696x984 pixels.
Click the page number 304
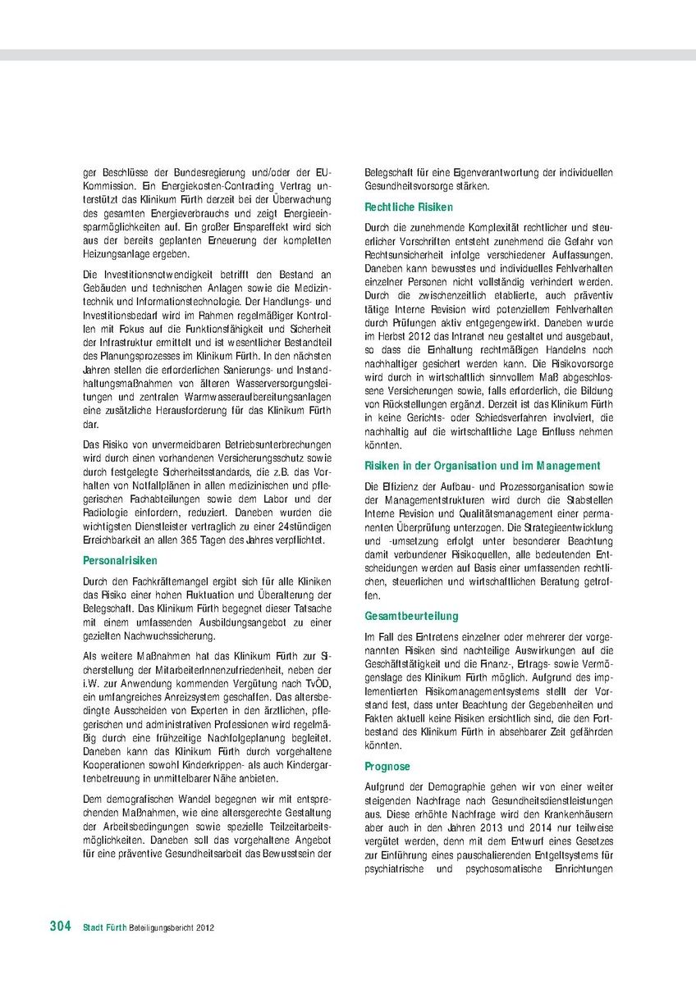click(x=60, y=926)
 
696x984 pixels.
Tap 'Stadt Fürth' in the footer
click(x=104, y=927)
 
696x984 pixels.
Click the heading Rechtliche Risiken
click(x=409, y=207)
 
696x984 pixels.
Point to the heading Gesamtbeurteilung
click(x=412, y=616)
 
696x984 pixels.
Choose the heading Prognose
click(x=387, y=766)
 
